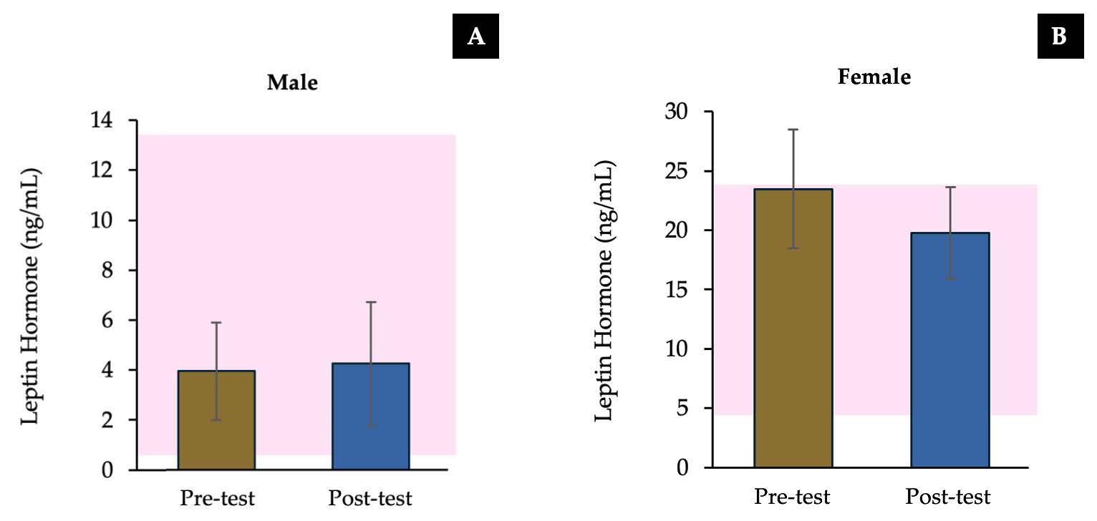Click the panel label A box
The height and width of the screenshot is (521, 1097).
click(x=475, y=38)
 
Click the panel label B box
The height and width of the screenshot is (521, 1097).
click(x=1059, y=38)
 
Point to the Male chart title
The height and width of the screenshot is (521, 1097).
click(x=292, y=83)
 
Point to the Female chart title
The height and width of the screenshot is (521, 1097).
click(x=874, y=77)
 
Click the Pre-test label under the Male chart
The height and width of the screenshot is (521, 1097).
click(x=216, y=498)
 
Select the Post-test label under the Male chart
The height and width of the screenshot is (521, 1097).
click(x=370, y=498)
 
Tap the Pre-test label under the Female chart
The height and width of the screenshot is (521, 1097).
click(x=792, y=496)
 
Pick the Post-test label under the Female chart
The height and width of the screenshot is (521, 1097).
click(x=948, y=496)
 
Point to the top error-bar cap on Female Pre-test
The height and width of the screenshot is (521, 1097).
click(x=793, y=130)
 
